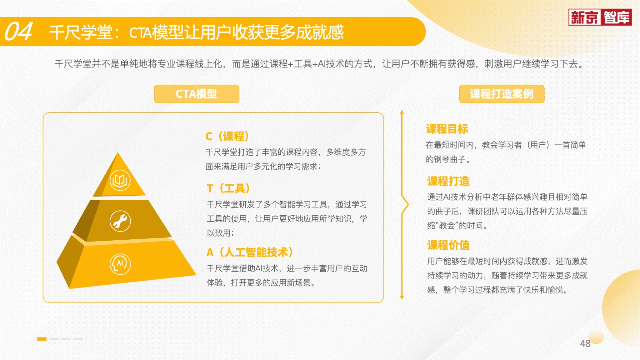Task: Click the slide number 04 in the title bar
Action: (18, 31)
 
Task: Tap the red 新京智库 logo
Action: (600, 17)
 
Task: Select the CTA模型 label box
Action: (197, 94)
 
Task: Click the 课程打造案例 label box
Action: (502, 94)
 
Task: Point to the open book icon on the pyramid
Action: (120, 180)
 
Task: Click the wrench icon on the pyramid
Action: (120, 221)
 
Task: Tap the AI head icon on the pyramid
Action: (120, 264)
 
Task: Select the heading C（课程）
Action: (227, 137)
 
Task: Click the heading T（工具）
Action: (228, 188)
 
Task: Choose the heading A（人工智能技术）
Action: (250, 252)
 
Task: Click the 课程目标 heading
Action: (447, 129)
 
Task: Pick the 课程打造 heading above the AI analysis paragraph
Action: (448, 181)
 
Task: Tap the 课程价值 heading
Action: (448, 245)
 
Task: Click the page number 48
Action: (585, 343)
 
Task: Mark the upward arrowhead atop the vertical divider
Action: (402, 112)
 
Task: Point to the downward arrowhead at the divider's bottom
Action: (402, 298)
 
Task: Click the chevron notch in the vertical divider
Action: (407, 205)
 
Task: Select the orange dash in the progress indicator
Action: (42, 339)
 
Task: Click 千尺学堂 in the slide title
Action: (81, 32)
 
